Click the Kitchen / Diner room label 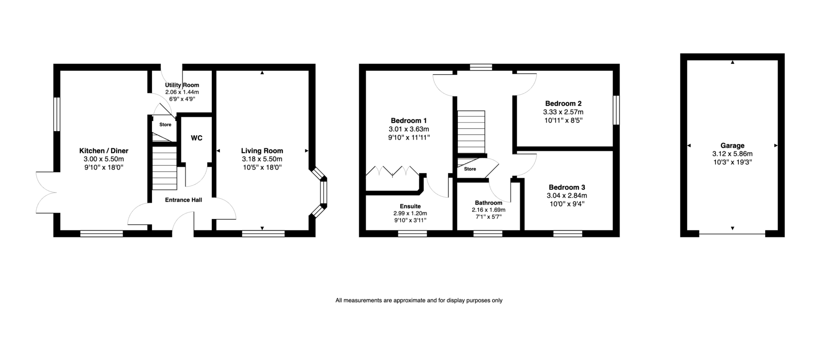tap(104, 151)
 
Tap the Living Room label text tap(262, 151)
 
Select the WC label tap(196, 138)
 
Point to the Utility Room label tap(182, 85)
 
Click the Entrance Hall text tap(183, 200)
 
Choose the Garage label tap(732, 146)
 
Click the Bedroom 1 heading tap(409, 121)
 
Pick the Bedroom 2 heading tap(563, 104)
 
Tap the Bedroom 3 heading tap(567, 187)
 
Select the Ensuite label tap(410, 206)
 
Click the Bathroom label tap(488, 203)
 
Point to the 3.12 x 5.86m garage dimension tap(732, 154)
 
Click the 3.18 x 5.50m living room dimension tap(262, 159)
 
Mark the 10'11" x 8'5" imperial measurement tap(563, 120)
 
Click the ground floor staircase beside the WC tap(165, 168)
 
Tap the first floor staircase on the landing tap(471, 132)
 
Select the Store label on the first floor tap(470, 169)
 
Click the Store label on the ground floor tap(165, 125)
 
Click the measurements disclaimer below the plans tap(419, 300)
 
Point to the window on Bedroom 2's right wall tap(616, 110)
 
